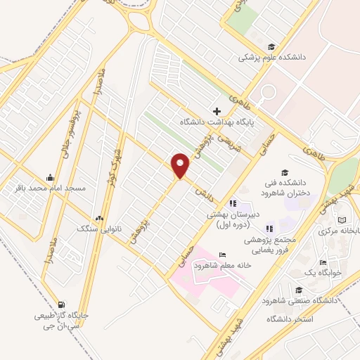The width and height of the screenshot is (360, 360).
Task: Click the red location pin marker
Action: click(181, 165)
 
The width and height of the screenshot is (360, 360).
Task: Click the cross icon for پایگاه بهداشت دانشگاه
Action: click(217, 111)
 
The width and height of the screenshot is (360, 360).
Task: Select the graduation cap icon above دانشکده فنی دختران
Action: click(285, 173)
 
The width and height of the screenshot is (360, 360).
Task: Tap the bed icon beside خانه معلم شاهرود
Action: click(222, 255)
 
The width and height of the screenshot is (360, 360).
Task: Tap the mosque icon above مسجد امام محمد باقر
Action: click(49, 177)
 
